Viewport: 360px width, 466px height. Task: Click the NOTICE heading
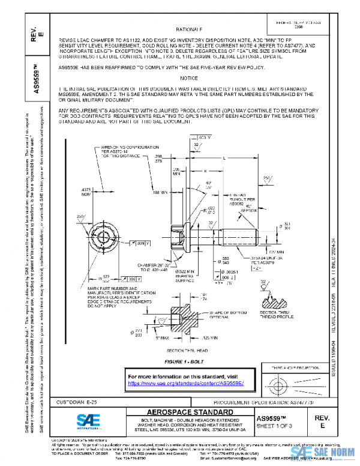coord(188,79)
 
